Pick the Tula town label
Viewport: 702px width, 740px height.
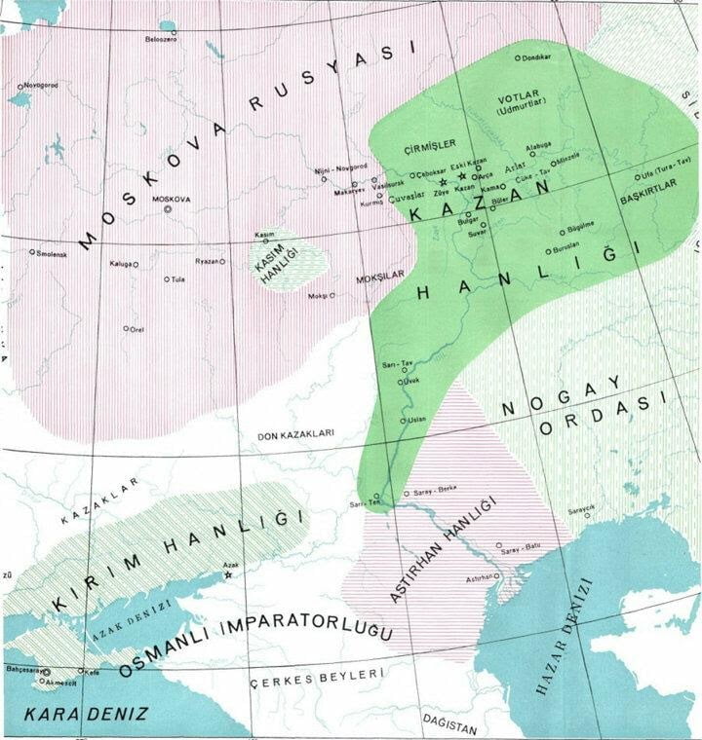[178, 279]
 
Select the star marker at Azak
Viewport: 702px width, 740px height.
[228, 576]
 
